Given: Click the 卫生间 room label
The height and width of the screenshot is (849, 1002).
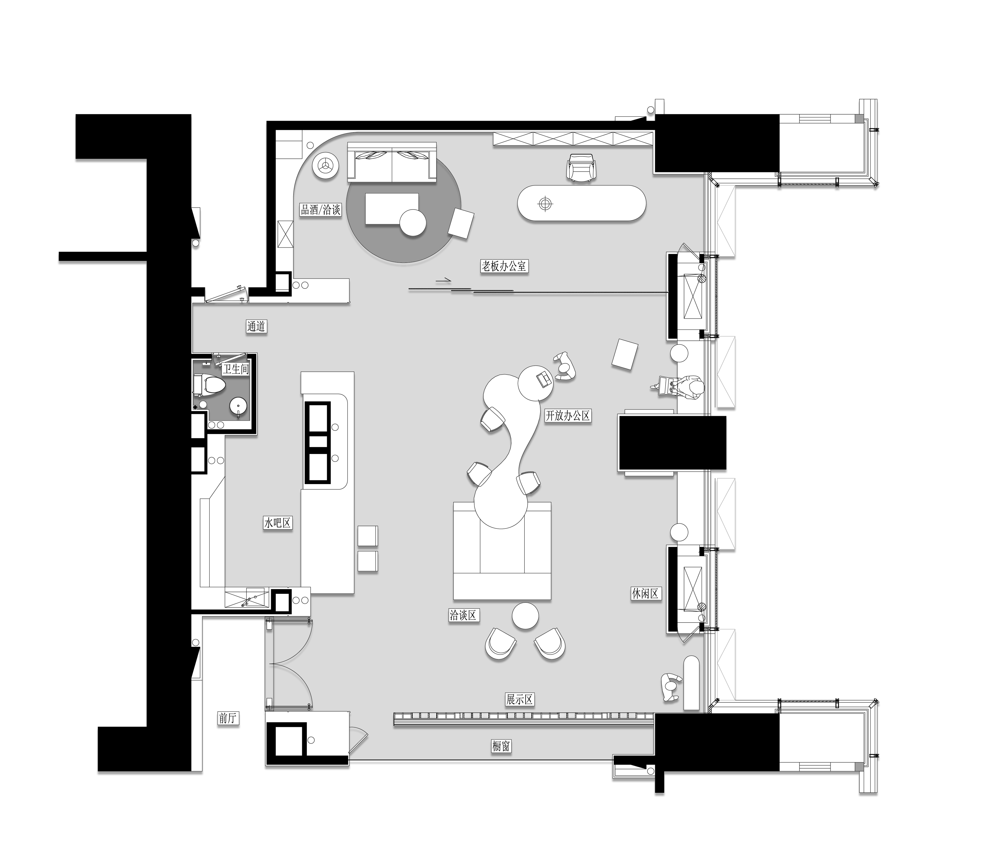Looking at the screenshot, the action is (235, 369).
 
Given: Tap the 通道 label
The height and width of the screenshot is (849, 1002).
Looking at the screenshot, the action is (256, 326).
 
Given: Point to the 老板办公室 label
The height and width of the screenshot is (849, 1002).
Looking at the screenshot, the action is (504, 266).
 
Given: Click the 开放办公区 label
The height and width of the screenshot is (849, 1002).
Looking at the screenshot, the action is (568, 416).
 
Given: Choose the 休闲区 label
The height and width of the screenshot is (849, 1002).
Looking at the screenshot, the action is (645, 594).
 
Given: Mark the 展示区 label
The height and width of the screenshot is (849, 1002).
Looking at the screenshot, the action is (519, 699).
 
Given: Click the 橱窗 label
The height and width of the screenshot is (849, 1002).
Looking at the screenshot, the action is (501, 746).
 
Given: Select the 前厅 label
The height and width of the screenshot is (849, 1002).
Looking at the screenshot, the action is (228, 718).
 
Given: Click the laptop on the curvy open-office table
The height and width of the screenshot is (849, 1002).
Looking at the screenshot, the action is (544, 379).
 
